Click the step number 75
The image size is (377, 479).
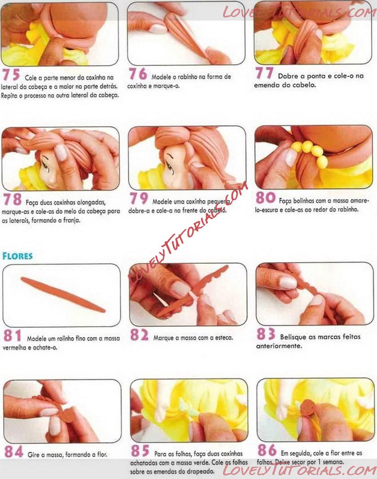[x=11, y=75]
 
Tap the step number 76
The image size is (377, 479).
[x=138, y=74]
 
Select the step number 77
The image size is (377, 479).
[x=264, y=73]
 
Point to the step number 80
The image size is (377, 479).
[x=266, y=197]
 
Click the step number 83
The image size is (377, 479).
[x=266, y=334]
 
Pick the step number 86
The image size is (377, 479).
[x=267, y=450]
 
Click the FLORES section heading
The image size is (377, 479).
[x=18, y=256]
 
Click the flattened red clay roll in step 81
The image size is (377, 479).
[x=63, y=294]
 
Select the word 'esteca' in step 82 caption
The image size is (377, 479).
[x=224, y=338]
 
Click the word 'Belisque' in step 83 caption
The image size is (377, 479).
[x=293, y=337]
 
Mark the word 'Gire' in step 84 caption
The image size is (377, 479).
[x=33, y=455]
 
